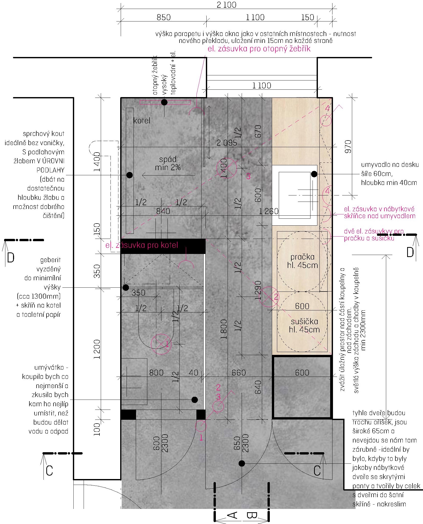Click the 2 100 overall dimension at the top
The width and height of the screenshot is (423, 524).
coord(226,5)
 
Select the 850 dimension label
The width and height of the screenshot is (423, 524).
coord(163,17)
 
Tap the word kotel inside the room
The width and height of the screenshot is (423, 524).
coord(142,121)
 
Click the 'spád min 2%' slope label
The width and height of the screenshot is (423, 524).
coord(168,163)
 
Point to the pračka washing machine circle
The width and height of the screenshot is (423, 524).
coord(302,261)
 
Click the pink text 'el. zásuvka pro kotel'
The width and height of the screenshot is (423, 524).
coord(142,245)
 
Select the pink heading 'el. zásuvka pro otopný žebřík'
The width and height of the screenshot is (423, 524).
coord(259,49)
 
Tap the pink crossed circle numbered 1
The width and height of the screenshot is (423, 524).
coord(161,344)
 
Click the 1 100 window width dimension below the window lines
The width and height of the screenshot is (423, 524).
coord(261,86)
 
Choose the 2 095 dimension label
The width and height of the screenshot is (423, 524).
coord(227,143)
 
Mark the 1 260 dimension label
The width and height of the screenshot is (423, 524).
coord(269,211)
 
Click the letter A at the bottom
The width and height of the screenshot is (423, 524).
coord(232,515)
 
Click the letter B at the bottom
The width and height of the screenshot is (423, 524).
coord(252,515)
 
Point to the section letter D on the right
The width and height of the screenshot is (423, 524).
coord(410,252)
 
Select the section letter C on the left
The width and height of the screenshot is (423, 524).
coord(49,471)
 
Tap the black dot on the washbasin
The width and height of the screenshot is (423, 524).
coord(314,174)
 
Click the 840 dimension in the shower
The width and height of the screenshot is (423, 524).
coord(163,211)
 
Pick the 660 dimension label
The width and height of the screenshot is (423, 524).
coord(239,373)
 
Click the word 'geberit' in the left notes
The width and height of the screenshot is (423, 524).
coord(50,260)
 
